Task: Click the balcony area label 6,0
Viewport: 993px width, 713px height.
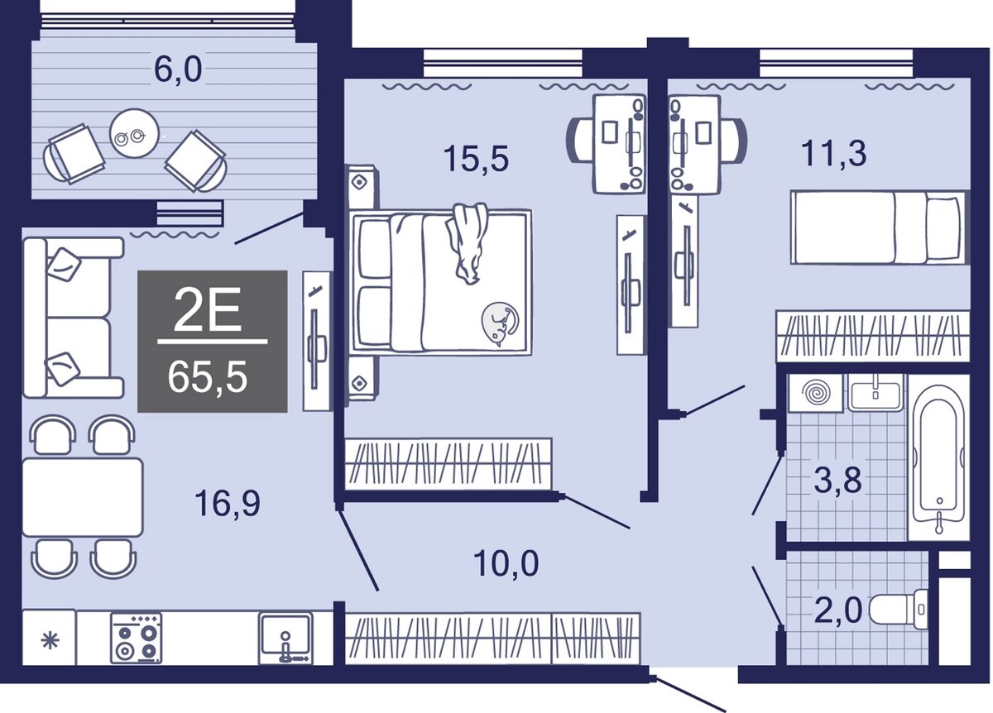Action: click(178, 71)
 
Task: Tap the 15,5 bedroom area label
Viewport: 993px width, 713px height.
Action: click(476, 159)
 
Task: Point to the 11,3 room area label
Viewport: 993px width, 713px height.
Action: click(833, 154)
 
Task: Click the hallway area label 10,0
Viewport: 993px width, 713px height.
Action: click(506, 562)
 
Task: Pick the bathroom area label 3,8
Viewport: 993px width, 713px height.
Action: click(837, 480)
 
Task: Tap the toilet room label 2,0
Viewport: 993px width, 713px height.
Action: click(838, 610)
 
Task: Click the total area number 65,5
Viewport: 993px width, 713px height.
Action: click(208, 377)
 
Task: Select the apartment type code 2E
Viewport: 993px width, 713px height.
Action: click(208, 309)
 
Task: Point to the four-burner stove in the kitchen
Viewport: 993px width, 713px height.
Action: click(136, 638)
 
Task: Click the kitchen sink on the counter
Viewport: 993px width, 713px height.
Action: click(286, 639)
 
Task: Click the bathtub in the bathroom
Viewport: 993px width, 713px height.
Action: click(938, 457)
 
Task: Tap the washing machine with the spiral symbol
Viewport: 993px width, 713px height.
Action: click(816, 394)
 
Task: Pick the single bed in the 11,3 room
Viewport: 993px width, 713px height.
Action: click(878, 227)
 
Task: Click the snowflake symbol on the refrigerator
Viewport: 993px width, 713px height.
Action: click(50, 641)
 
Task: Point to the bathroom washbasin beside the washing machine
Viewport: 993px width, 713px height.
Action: click(875, 393)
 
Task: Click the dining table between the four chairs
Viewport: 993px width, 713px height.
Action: click(83, 498)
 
